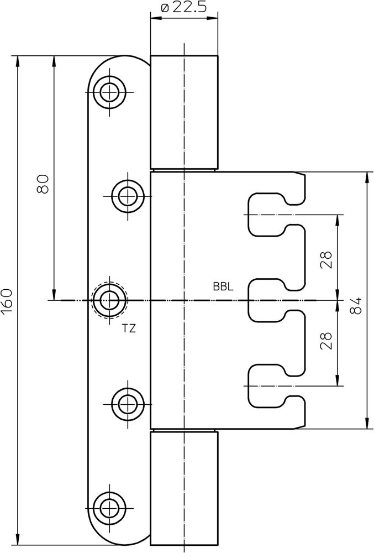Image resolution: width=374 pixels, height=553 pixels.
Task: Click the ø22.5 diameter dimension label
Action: pyautogui.click(x=184, y=8)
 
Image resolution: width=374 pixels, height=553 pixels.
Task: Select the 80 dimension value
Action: pyautogui.click(x=43, y=183)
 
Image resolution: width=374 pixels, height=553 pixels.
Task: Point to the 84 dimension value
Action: pyautogui.click(x=356, y=306)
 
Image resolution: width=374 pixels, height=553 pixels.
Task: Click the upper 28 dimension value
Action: pyautogui.click(x=326, y=260)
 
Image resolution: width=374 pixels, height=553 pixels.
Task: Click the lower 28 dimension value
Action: pyautogui.click(x=326, y=340)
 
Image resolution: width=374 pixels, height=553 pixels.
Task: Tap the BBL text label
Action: pyautogui.click(x=223, y=287)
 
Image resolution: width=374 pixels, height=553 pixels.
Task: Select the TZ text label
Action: pyautogui.click(x=129, y=328)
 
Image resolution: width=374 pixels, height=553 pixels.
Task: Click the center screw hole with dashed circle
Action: pyautogui.click(x=109, y=300)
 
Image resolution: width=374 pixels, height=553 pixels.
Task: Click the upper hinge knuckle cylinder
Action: pyautogui.click(x=184, y=111)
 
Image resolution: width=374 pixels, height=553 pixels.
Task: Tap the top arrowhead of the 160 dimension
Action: pyautogui.click(x=19, y=60)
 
